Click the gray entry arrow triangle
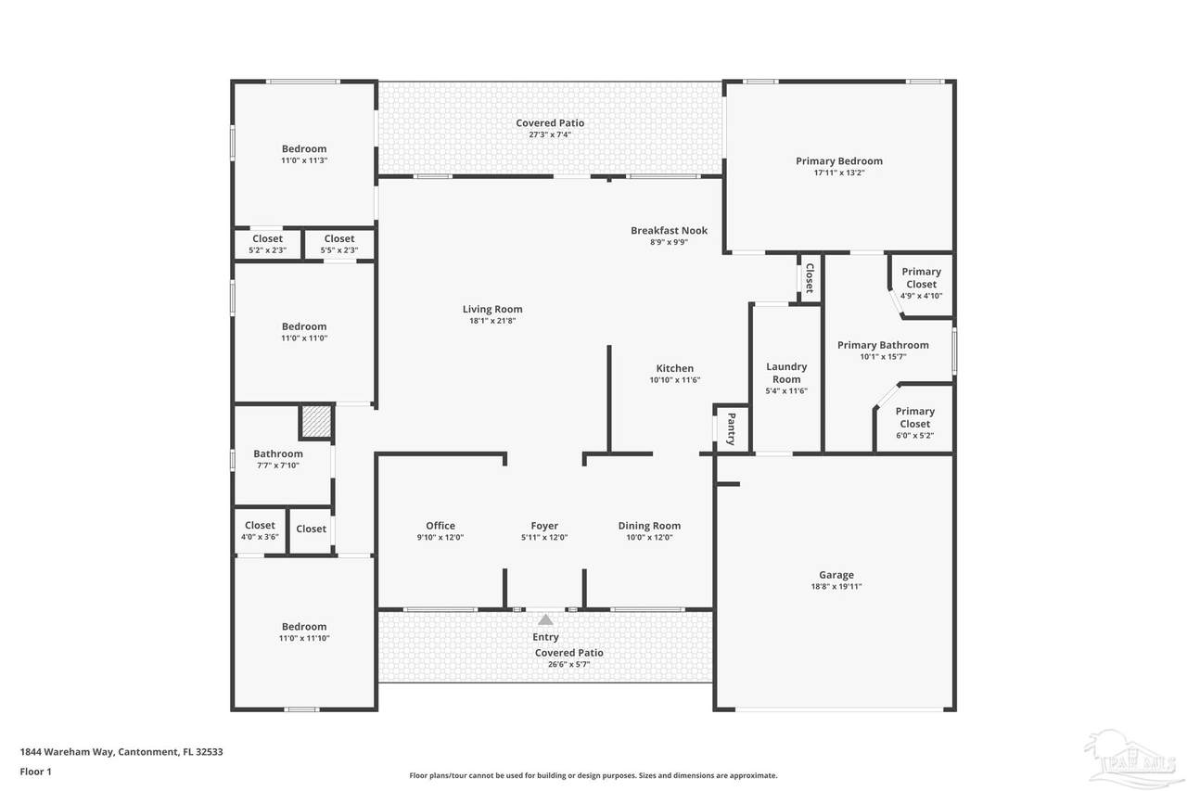545,619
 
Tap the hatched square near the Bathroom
317,422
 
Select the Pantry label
732,428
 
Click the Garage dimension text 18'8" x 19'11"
836,586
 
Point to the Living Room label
492,309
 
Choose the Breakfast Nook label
669,231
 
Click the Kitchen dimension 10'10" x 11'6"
674,380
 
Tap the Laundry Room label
786,373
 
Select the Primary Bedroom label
839,161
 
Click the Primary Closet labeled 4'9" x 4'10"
922,284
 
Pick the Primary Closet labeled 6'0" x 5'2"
915,423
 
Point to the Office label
440,526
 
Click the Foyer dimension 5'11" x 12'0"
544,537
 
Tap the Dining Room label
649,526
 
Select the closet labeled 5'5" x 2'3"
339,244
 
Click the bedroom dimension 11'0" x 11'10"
304,638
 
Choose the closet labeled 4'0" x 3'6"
260,530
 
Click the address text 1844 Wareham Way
67,752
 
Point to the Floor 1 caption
35,772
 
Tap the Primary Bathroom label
883,345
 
